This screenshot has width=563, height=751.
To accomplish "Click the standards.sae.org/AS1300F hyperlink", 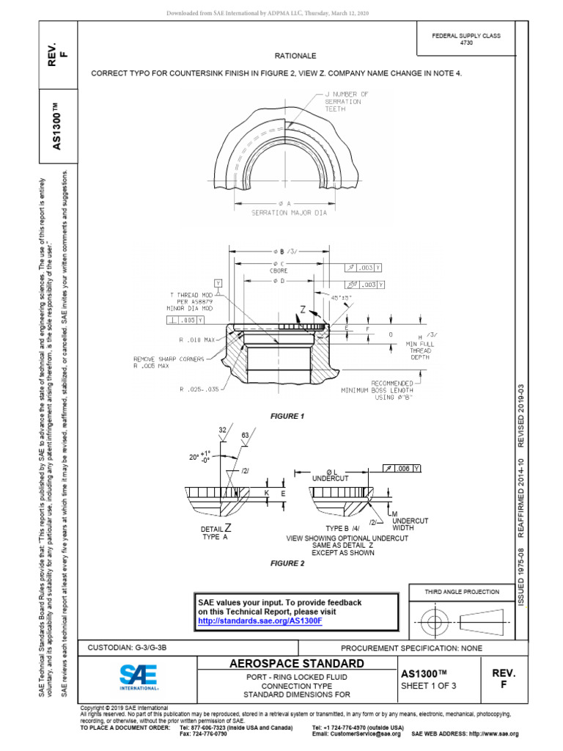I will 260,620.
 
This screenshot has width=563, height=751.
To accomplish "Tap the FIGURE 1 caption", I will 287,416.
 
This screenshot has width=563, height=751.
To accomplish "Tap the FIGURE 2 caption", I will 287,563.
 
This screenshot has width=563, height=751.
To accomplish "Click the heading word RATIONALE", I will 295,55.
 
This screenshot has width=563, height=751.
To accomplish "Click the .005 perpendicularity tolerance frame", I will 185,320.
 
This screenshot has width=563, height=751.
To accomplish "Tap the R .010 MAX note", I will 199,340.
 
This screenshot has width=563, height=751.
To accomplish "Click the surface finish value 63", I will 246,434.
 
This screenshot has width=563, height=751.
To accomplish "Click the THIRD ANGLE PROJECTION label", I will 462,591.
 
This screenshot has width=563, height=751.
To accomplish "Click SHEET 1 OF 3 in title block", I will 429,686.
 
